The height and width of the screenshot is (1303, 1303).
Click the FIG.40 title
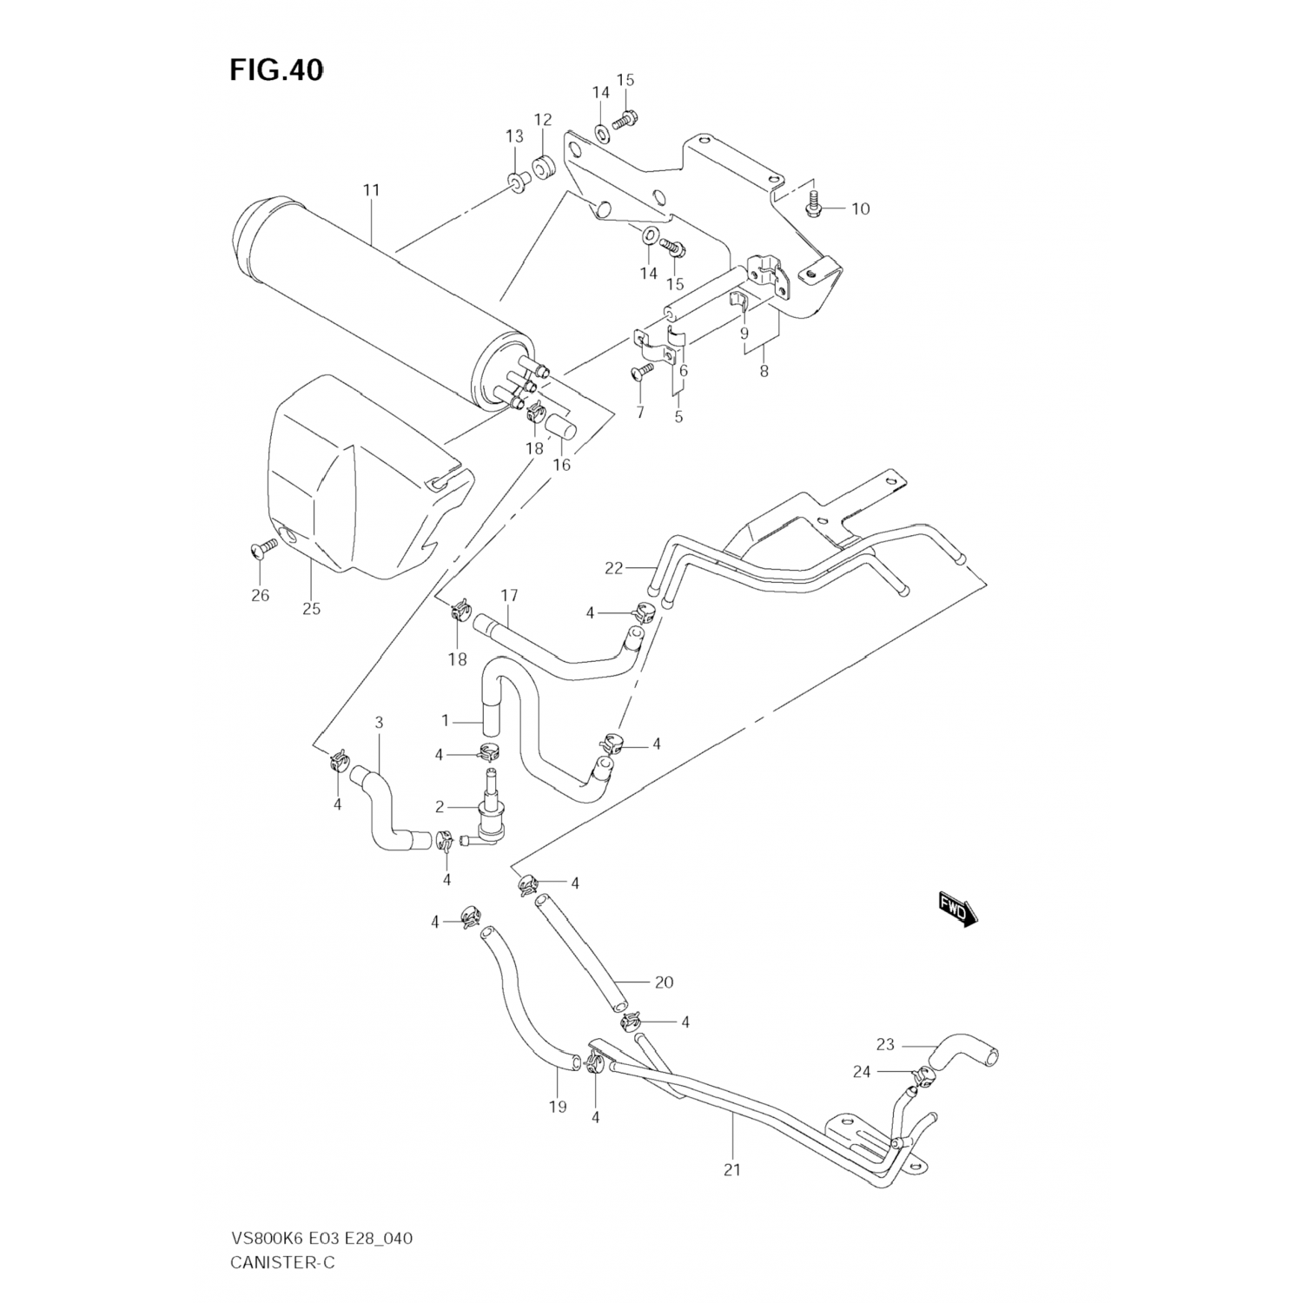point(277,70)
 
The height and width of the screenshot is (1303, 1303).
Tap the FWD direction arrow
point(957,909)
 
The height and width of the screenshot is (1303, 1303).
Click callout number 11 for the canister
point(372,190)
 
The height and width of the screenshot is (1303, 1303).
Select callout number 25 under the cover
point(311,608)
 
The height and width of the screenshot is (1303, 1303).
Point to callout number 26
point(260,595)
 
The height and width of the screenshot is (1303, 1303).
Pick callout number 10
point(859,208)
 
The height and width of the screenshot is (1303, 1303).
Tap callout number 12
point(543,119)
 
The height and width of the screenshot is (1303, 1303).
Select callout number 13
point(515,136)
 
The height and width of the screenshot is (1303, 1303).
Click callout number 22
point(614,568)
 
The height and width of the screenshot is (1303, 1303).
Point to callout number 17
point(509,595)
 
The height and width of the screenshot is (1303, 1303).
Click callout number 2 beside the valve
point(440,807)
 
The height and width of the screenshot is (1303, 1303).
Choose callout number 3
point(379,723)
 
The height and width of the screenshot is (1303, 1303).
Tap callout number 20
point(664,982)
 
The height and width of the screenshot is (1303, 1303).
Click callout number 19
point(557,1106)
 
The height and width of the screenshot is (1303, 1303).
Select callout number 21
point(732,1169)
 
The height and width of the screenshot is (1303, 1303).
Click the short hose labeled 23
point(964,1054)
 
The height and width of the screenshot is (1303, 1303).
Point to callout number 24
point(861,1072)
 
